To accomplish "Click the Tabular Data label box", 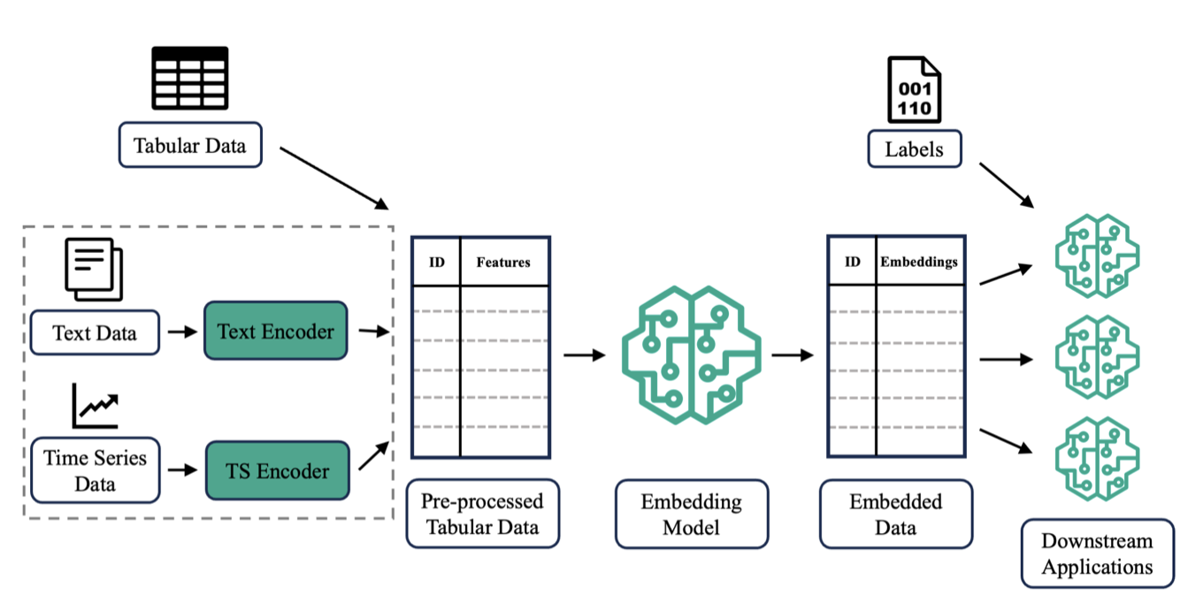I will pyautogui.click(x=190, y=145).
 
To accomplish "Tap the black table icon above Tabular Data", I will pyautogui.click(x=189, y=77).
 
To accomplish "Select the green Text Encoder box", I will pyautogui.click(x=276, y=331).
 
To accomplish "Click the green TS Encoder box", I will pyautogui.click(x=276, y=470).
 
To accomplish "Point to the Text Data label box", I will pyautogui.click(x=95, y=332).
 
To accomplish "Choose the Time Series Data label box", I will pyautogui.click(x=95, y=470).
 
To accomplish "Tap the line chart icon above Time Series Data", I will pyautogui.click(x=96, y=406).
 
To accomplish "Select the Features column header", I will pyautogui.click(x=503, y=262).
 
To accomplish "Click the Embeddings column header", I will pyautogui.click(x=919, y=262).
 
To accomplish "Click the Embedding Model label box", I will pyautogui.click(x=691, y=515).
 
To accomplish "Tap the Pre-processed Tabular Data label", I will pyautogui.click(x=482, y=515).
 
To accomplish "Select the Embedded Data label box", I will pyautogui.click(x=895, y=515).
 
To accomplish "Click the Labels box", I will pyautogui.click(x=914, y=149).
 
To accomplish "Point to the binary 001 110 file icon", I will pyautogui.click(x=914, y=90).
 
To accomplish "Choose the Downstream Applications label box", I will pyautogui.click(x=1097, y=553).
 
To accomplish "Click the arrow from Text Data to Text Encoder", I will pyautogui.click(x=181, y=332).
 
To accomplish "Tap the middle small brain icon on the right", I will pyautogui.click(x=1097, y=358).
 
